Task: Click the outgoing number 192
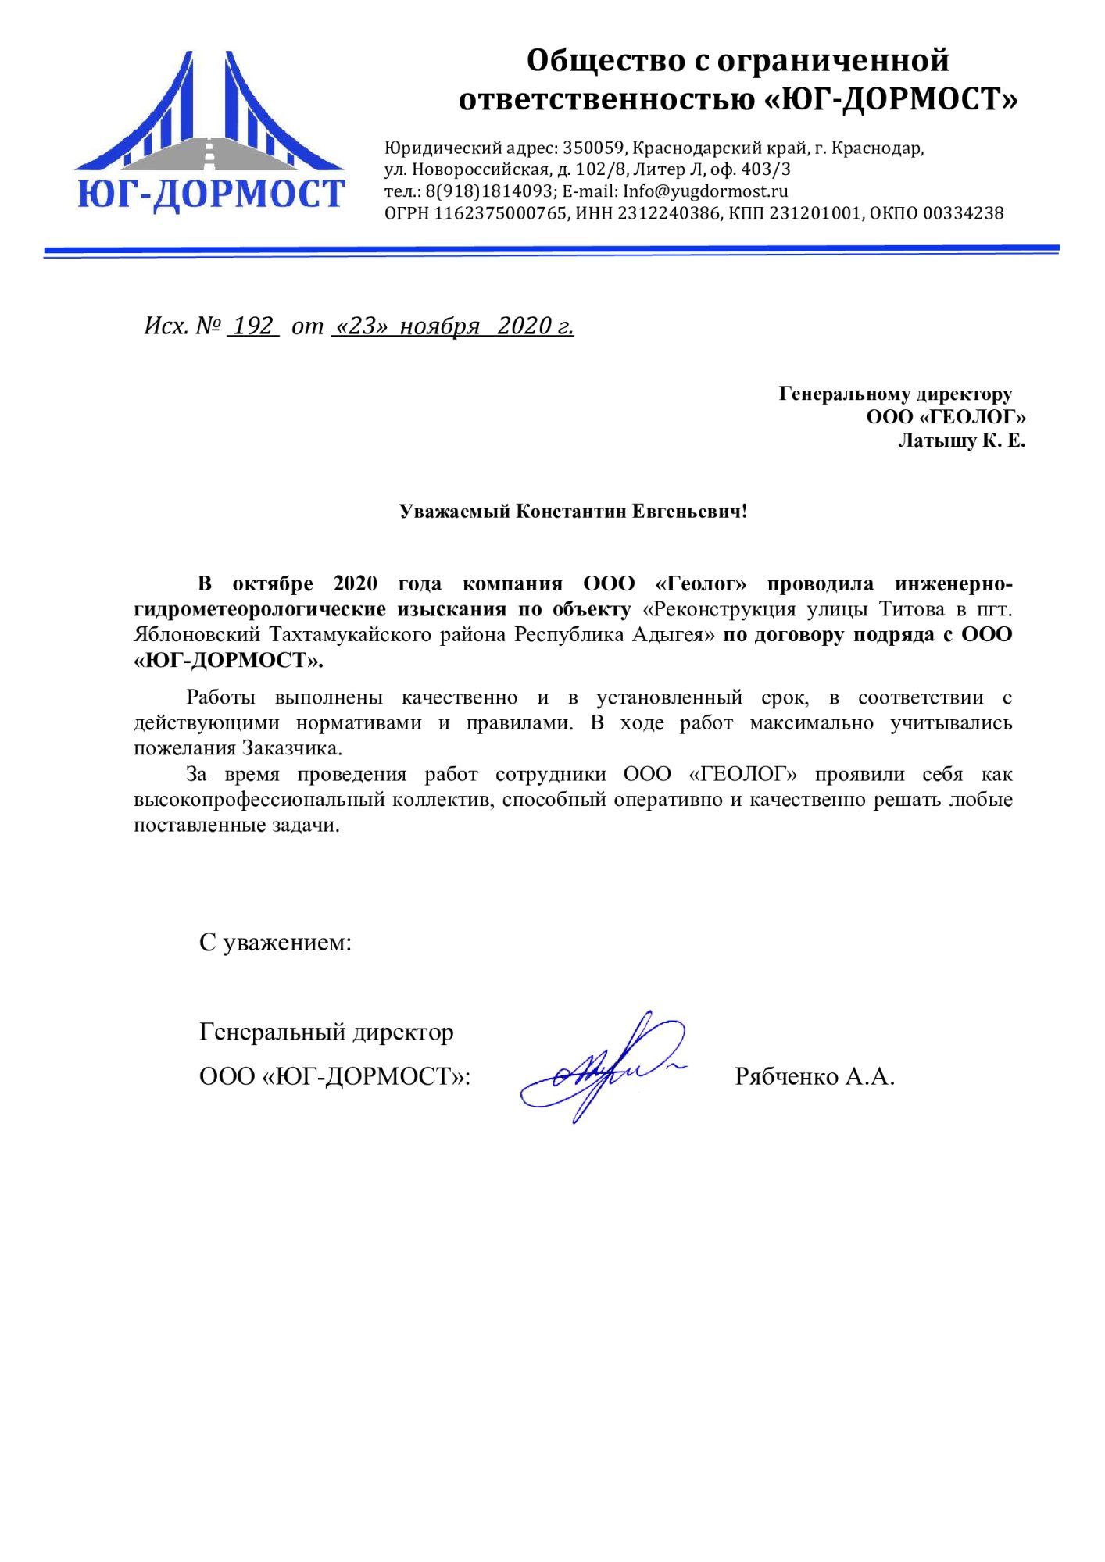[x=253, y=326]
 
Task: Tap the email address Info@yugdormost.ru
[x=705, y=191]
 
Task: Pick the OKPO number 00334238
[x=963, y=213]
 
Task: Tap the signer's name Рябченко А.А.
[x=814, y=1077]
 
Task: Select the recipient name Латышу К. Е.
[x=961, y=441]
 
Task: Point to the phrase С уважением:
[x=275, y=943]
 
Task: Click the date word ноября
[x=439, y=326]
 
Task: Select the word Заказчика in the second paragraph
[x=291, y=748]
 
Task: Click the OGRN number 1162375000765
[x=500, y=213]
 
